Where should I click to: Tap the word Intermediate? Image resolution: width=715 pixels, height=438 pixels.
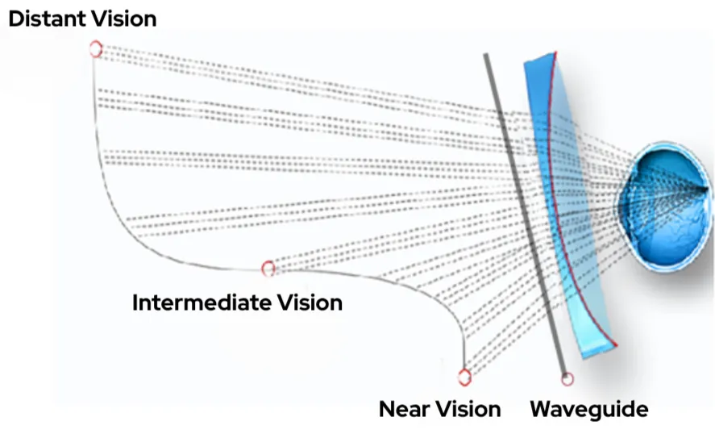tap(201, 302)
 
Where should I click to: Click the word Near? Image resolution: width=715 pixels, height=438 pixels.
tap(405, 409)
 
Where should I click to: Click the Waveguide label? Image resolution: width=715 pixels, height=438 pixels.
tap(588, 409)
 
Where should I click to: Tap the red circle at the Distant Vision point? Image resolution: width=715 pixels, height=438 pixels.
tap(96, 49)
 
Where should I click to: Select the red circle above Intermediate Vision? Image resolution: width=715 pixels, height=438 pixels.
tap(268, 268)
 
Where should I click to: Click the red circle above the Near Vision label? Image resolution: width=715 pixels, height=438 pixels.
tap(464, 376)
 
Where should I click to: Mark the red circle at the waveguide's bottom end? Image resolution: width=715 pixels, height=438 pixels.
tap(567, 378)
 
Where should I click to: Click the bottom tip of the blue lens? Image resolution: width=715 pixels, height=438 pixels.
tap(592, 355)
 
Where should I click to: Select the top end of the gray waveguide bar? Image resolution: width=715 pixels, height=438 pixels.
tap(486, 56)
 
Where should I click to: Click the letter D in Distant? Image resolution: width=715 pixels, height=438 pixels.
tap(15, 18)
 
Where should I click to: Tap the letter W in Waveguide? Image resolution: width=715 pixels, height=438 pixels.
tap(542, 409)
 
